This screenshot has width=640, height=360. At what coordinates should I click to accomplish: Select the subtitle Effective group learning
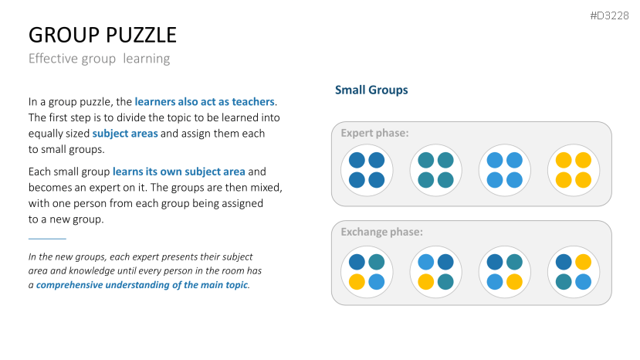[x=99, y=59]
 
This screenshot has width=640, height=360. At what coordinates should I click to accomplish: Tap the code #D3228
[x=609, y=16]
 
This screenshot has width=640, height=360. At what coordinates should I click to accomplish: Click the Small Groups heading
[x=371, y=90]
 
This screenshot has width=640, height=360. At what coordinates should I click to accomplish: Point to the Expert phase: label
[x=374, y=133]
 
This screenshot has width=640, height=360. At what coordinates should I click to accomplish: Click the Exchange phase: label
[x=381, y=232]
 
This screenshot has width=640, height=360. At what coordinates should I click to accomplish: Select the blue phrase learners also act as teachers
[x=205, y=101]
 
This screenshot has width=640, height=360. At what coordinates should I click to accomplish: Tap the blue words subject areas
[x=125, y=134]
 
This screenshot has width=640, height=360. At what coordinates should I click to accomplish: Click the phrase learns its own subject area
[x=179, y=172]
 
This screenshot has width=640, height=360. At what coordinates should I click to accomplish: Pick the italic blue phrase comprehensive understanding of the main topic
[x=142, y=285]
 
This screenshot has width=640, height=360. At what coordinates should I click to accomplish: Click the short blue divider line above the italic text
[x=47, y=238]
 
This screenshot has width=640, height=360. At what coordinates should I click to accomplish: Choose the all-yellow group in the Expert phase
[x=574, y=170]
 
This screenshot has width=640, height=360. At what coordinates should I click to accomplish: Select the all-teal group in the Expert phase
[x=435, y=170]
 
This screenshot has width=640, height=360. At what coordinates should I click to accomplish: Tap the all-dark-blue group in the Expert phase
[x=367, y=170]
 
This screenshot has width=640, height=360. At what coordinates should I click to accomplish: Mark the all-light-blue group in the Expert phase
[x=504, y=170]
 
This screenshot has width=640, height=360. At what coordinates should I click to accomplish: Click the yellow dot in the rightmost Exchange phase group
[x=584, y=263]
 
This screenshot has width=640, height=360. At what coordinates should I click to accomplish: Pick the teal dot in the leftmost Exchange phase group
[x=376, y=263]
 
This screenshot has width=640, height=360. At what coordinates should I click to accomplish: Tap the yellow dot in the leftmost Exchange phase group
[x=357, y=282]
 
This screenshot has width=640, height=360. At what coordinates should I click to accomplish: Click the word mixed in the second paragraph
[x=267, y=188]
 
